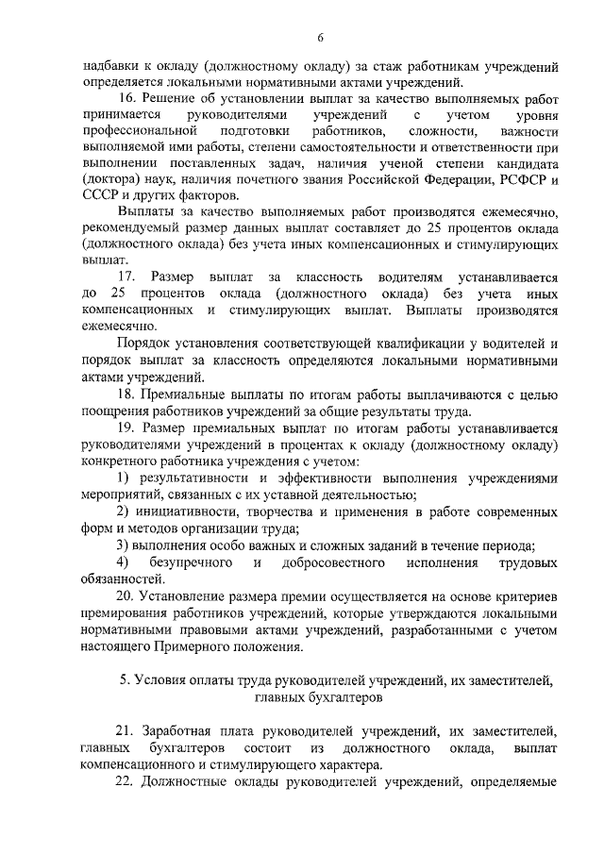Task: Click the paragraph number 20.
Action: point(126,596)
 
